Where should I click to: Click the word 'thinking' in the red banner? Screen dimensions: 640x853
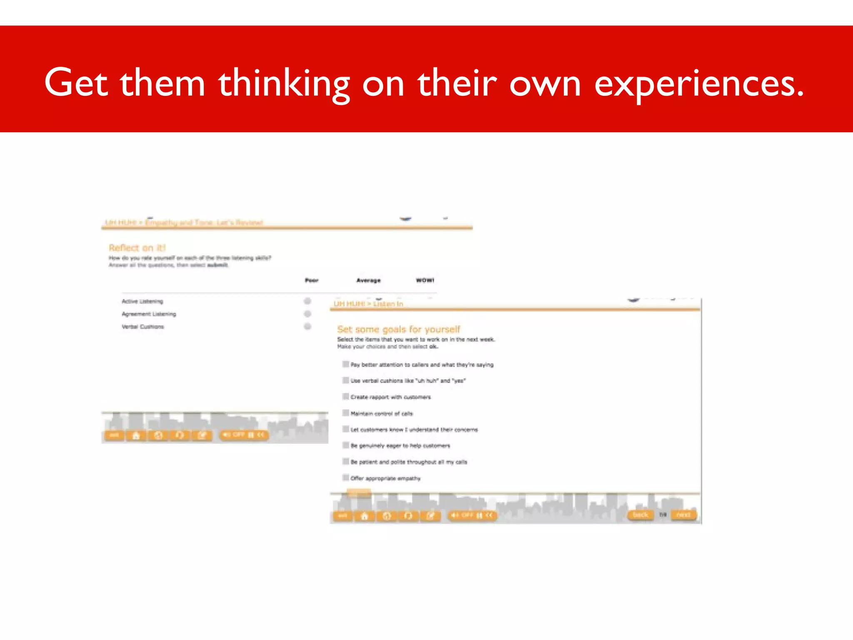click(x=284, y=83)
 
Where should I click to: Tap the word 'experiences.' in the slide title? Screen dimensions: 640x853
click(x=698, y=83)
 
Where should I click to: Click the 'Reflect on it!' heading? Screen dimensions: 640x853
click(x=137, y=248)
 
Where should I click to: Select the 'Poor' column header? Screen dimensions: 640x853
click(x=312, y=280)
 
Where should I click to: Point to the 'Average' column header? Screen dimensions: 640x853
click(x=368, y=280)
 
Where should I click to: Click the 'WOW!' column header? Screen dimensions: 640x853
click(x=425, y=280)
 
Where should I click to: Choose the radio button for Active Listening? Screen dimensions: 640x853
click(x=307, y=301)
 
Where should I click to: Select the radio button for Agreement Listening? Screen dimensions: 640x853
click(x=307, y=314)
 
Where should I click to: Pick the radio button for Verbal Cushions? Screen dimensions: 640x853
click(x=307, y=326)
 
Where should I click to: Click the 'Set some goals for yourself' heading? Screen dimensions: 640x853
click(x=399, y=330)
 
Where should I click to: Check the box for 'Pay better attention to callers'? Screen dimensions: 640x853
click(x=346, y=364)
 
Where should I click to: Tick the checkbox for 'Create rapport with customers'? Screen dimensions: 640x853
click(x=346, y=396)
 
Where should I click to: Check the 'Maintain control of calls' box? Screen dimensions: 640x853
click(x=346, y=413)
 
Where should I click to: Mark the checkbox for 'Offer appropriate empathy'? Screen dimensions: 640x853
click(x=346, y=477)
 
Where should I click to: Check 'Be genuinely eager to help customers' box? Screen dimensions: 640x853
click(x=346, y=445)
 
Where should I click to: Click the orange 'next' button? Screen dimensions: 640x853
click(x=683, y=515)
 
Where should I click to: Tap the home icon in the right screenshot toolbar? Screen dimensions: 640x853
click(x=364, y=516)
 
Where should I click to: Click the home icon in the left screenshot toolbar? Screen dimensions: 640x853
click(x=136, y=436)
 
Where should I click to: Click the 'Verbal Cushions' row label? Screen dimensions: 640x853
click(x=143, y=327)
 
